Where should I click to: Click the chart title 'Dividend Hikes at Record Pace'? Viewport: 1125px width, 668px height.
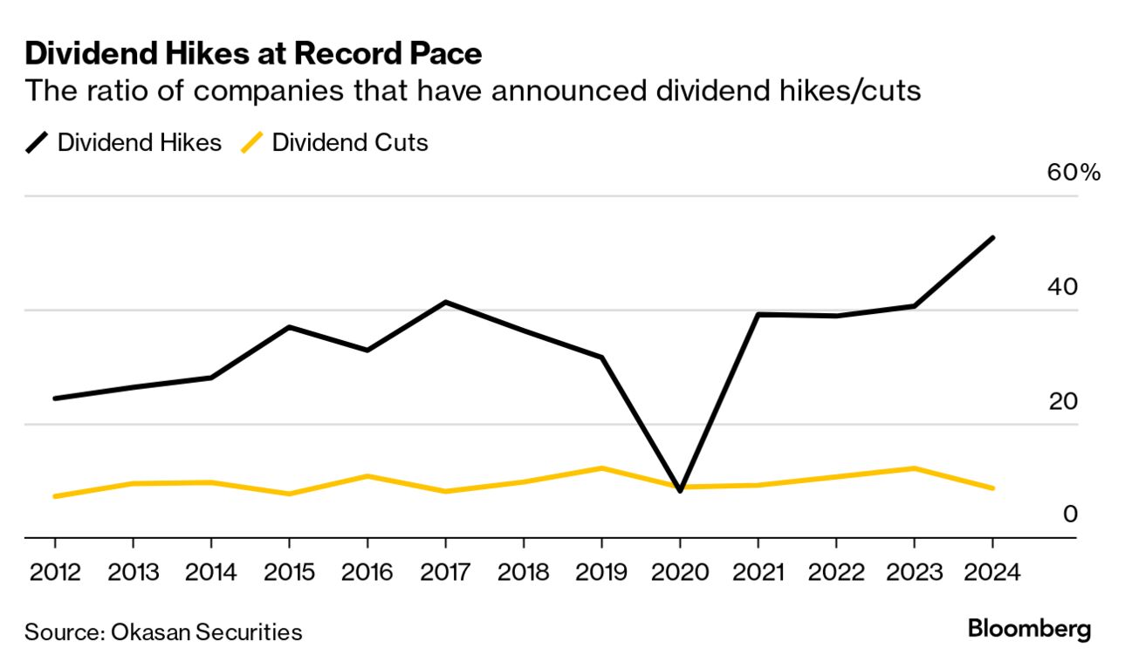point(253,54)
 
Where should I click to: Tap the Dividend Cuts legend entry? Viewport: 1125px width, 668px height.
point(335,143)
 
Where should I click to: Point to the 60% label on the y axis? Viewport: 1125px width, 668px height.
point(1074,172)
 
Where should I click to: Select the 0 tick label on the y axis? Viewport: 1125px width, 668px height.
point(1070,514)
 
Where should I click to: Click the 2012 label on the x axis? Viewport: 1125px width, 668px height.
point(55,572)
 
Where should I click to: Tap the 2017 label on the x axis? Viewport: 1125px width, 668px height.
point(445,572)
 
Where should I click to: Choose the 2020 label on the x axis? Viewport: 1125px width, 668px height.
point(680,572)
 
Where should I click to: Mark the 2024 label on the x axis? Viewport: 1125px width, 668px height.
point(992,572)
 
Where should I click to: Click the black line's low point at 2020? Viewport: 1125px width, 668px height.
point(680,491)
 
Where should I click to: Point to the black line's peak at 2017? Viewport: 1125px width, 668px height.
point(445,303)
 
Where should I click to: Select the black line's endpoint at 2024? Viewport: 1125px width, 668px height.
point(992,237)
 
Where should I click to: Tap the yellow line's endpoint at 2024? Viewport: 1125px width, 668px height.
point(992,488)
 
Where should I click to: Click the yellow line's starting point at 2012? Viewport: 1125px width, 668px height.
point(55,496)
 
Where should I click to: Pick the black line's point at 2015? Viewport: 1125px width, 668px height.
point(289,327)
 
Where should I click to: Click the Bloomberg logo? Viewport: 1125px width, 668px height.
point(1029,630)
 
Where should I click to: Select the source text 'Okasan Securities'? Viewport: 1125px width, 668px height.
point(207,632)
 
